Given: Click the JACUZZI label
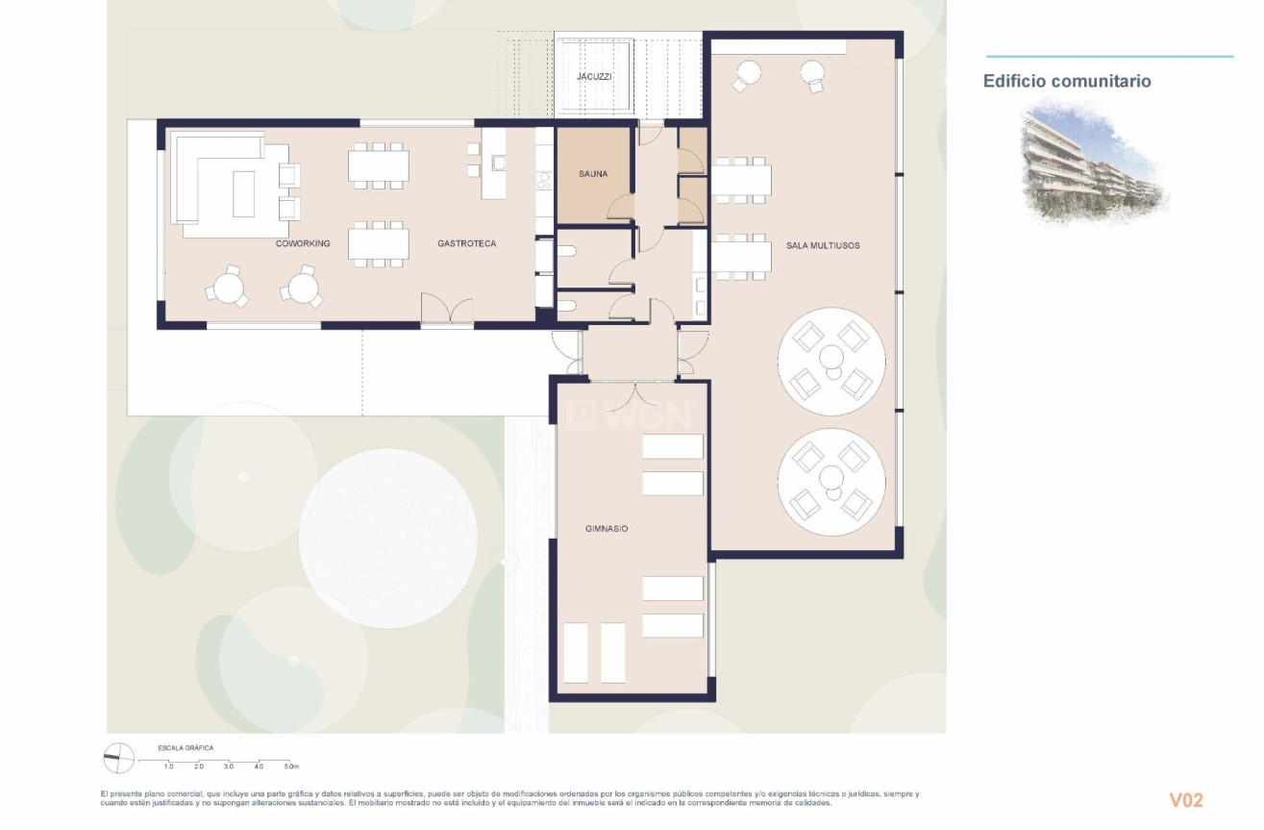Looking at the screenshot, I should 594,76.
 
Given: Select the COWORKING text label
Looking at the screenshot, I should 303,243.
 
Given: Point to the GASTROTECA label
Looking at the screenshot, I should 466,243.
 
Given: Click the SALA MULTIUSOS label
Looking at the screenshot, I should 823,246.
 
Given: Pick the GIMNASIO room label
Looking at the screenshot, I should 607,528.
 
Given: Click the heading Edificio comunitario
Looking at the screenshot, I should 1066,81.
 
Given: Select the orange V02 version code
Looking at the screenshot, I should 1185,800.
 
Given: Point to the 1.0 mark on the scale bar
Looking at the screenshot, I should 168,767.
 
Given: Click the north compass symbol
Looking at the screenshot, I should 116,759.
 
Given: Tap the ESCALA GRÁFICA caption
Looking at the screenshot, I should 186,747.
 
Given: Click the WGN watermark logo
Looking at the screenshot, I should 630,415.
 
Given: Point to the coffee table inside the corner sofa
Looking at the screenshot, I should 243,193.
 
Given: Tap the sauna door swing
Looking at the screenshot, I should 621,207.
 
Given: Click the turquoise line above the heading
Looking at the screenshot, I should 1108,57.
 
